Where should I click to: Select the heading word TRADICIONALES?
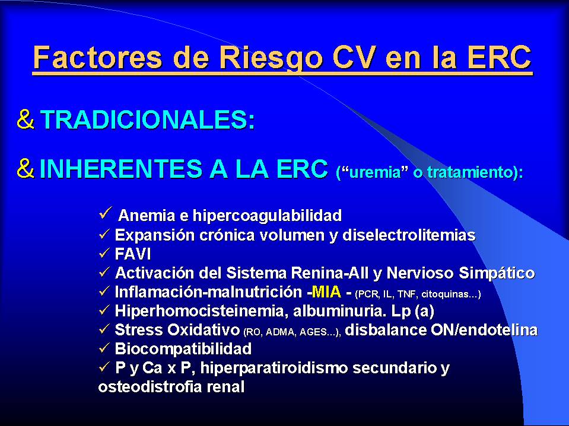point(147,120)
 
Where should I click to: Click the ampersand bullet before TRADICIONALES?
point(26,119)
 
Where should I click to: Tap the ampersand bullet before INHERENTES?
point(26,168)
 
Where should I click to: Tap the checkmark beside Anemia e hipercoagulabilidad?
point(104,213)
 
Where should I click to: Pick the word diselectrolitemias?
point(409,235)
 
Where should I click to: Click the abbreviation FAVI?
point(133,254)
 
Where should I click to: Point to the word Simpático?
point(497,273)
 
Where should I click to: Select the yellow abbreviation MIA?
point(326,292)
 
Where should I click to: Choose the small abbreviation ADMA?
point(281,332)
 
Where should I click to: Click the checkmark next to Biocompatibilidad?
point(104,348)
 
